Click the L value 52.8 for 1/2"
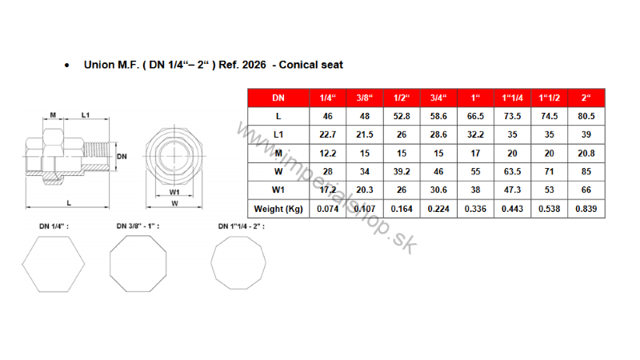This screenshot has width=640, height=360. click(x=402, y=116)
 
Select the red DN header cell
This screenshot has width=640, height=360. click(x=278, y=98)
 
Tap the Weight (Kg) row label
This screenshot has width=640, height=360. click(x=278, y=209)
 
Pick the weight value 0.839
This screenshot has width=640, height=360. click(x=586, y=209)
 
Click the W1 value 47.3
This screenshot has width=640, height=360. click(x=512, y=190)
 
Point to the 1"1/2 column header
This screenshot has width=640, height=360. click(x=549, y=98)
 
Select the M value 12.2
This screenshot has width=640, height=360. click(x=328, y=154)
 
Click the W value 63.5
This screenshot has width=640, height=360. click(x=512, y=172)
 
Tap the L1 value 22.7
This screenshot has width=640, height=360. click(x=328, y=134)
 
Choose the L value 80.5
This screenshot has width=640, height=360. click(x=586, y=116)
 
